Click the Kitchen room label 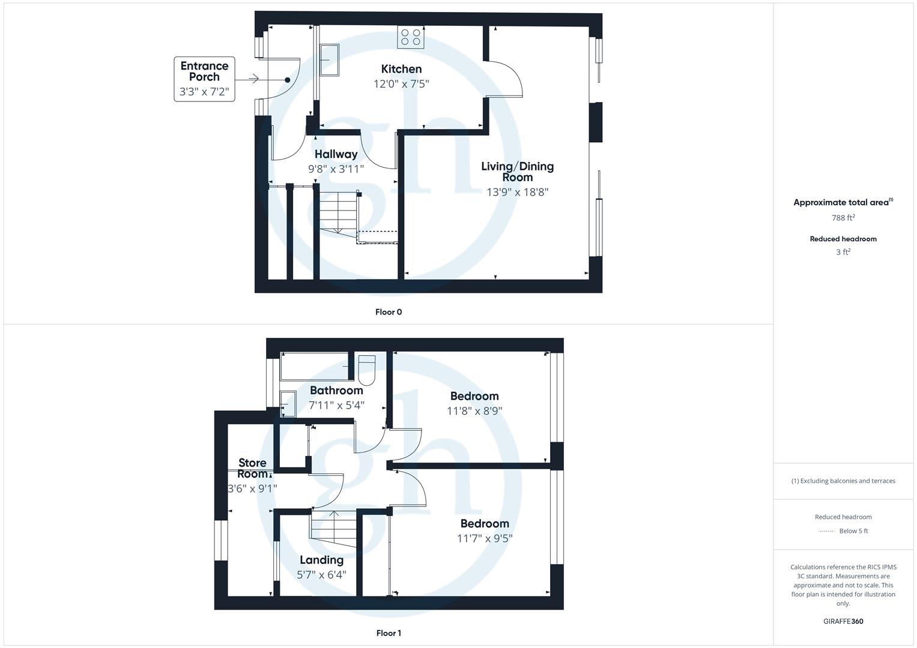[x=401, y=69]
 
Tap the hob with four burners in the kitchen [x=411, y=37]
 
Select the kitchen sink [x=329, y=60]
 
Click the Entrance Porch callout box [x=204, y=79]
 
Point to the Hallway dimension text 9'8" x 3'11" [x=336, y=169]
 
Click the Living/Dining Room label [x=517, y=172]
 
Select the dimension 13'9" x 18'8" [x=517, y=192]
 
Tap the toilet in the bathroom [x=366, y=370]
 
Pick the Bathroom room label [x=336, y=391]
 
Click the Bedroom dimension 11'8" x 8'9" [x=474, y=411]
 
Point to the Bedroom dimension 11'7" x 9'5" [x=485, y=538]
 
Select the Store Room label [x=252, y=468]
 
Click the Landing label [x=321, y=560]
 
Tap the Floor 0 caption [x=389, y=312]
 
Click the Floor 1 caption [x=389, y=633]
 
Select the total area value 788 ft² [x=843, y=218]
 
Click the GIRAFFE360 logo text [x=843, y=621]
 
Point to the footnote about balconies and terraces [x=843, y=481]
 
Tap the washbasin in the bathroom [x=288, y=403]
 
